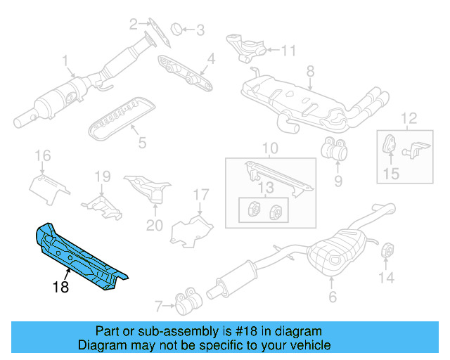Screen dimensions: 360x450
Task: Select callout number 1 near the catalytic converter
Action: (x=65, y=60)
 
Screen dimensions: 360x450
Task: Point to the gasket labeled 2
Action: (x=150, y=32)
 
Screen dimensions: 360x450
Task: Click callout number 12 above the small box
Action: (x=409, y=117)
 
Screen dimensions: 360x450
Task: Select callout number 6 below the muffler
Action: (x=333, y=297)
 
